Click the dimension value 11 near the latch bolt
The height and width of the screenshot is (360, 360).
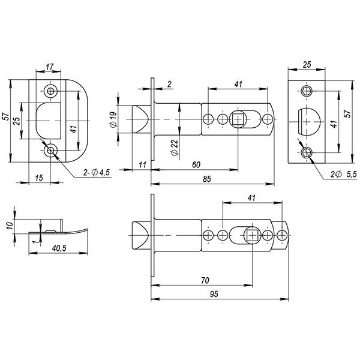[x=142, y=163]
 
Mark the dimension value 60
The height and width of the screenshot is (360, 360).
[x=196, y=164]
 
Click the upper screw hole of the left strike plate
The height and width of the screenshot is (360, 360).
[x=50, y=91]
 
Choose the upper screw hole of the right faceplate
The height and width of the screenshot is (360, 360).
[x=307, y=91]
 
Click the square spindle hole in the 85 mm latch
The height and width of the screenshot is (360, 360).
[x=239, y=119]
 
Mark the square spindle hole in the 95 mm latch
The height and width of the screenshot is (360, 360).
[x=253, y=235]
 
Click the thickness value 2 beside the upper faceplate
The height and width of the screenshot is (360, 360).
[x=170, y=85]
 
